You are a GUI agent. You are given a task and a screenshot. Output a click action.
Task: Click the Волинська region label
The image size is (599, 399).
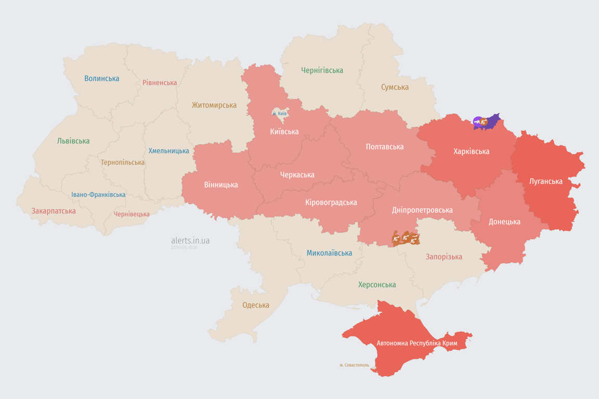pyautogui.click(x=102, y=78)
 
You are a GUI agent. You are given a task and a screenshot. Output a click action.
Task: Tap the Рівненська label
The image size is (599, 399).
pyautogui.click(x=160, y=83)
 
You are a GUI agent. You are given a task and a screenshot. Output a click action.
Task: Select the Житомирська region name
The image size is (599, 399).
pyautogui.click(x=214, y=105)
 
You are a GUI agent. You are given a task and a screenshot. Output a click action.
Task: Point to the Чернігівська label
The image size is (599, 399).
pyautogui.click(x=322, y=70)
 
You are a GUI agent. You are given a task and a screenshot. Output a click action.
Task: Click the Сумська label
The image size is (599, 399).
pyautogui.click(x=395, y=87)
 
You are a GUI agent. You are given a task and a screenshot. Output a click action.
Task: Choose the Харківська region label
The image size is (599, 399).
pyautogui.click(x=471, y=151)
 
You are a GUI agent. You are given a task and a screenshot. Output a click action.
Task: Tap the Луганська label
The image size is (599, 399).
pyautogui.click(x=545, y=181)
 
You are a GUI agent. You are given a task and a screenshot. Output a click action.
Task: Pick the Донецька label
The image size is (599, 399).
pyautogui.click(x=504, y=221)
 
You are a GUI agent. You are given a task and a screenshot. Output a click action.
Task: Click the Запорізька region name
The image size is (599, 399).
pyautogui.click(x=444, y=257)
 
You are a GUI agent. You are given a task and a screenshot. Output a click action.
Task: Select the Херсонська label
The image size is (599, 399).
pyautogui.click(x=377, y=285)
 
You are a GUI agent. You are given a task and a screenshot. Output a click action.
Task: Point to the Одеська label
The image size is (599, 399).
pyautogui.click(x=256, y=305)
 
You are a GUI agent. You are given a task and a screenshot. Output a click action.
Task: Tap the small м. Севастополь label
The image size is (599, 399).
pyautogui.click(x=354, y=365)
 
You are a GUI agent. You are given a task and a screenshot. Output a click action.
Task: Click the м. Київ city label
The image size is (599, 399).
pyautogui.click(x=280, y=113)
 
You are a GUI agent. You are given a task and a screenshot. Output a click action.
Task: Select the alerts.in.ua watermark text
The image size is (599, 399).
pyautogui.click(x=190, y=241)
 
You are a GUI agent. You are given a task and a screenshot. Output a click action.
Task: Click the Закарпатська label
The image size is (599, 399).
pyautogui.click(x=54, y=211)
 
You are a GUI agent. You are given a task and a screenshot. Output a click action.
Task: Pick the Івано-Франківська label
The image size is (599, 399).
pyautogui.click(x=98, y=195)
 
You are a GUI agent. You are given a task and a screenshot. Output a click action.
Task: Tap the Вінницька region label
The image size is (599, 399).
pyautogui.click(x=221, y=184)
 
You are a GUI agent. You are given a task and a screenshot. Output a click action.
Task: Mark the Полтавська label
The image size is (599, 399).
pyautogui.click(x=385, y=147)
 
